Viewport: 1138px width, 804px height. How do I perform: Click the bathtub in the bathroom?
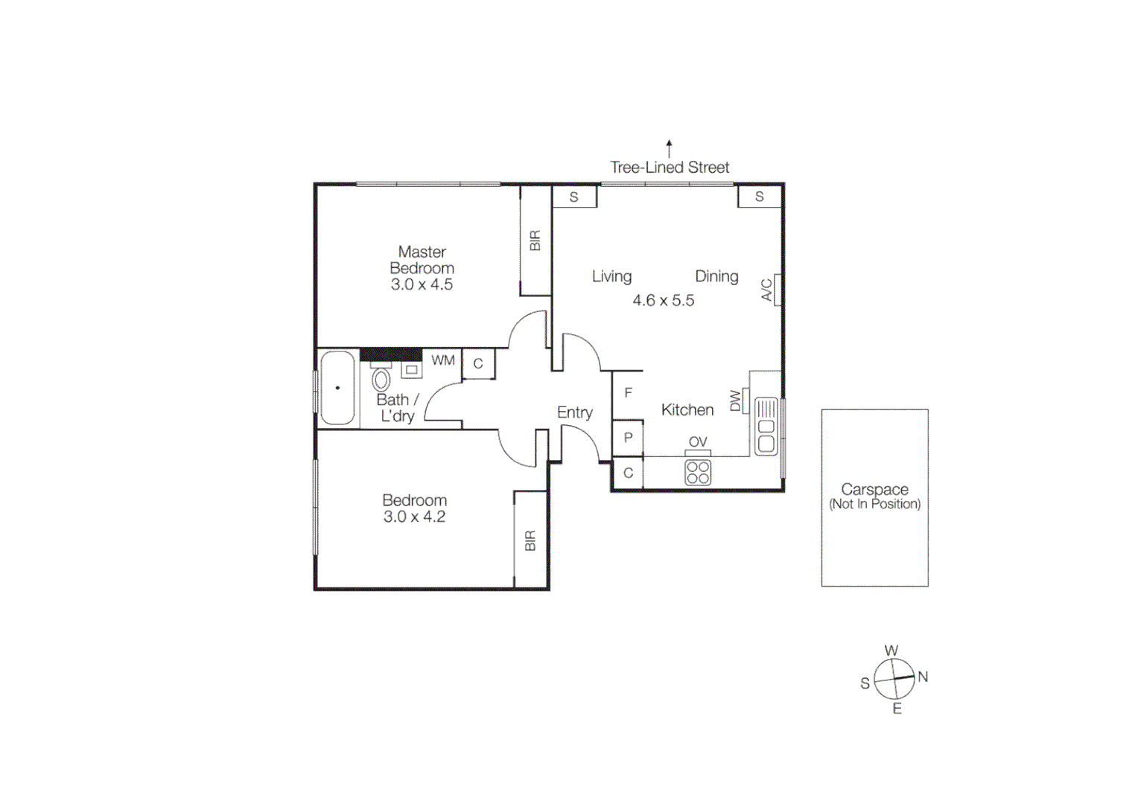(337, 388)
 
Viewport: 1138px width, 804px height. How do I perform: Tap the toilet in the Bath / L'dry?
(381, 380)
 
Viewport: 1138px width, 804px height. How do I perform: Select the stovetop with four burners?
(698, 473)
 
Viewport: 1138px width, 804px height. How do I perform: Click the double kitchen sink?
(766, 427)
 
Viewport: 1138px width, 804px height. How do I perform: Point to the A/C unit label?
(767, 290)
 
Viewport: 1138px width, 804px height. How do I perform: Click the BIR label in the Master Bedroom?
(535, 240)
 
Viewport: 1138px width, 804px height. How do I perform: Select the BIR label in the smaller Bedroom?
(530, 540)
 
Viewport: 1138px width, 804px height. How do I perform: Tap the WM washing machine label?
(443, 360)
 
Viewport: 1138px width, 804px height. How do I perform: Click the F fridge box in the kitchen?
(628, 393)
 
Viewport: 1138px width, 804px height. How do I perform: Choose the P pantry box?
(628, 438)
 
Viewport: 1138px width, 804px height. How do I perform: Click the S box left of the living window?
(574, 197)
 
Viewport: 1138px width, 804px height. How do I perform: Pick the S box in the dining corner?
(760, 197)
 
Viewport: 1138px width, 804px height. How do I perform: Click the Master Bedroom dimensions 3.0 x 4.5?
(422, 284)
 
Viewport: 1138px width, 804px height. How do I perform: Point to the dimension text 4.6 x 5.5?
(663, 301)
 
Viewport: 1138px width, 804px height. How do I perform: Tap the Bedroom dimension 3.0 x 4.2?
(414, 517)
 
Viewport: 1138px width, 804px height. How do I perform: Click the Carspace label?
(874, 490)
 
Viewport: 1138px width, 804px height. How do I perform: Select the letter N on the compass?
(923, 677)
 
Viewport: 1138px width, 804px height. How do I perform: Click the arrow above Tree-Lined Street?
(669, 147)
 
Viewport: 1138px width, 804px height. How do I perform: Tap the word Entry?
(574, 412)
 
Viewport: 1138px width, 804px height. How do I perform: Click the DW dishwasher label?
(736, 401)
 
